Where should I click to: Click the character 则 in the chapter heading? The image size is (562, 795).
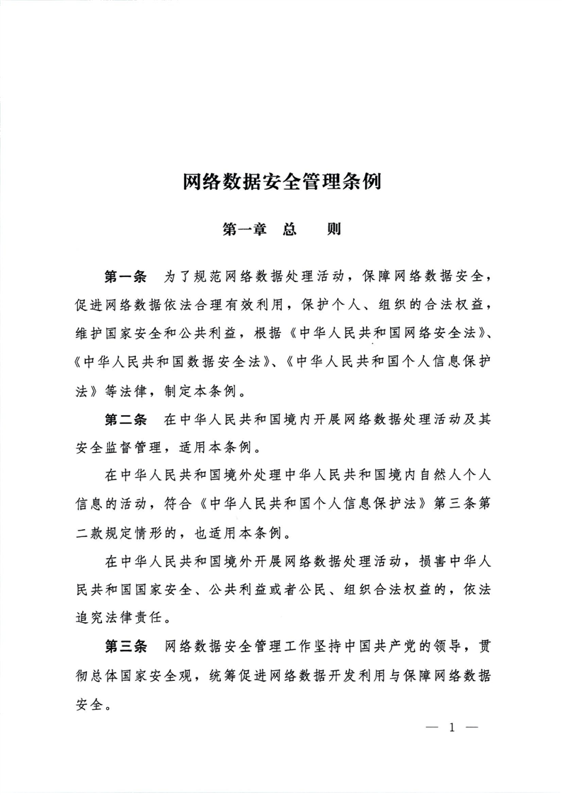point(328,230)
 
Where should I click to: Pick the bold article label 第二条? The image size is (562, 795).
point(125,420)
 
